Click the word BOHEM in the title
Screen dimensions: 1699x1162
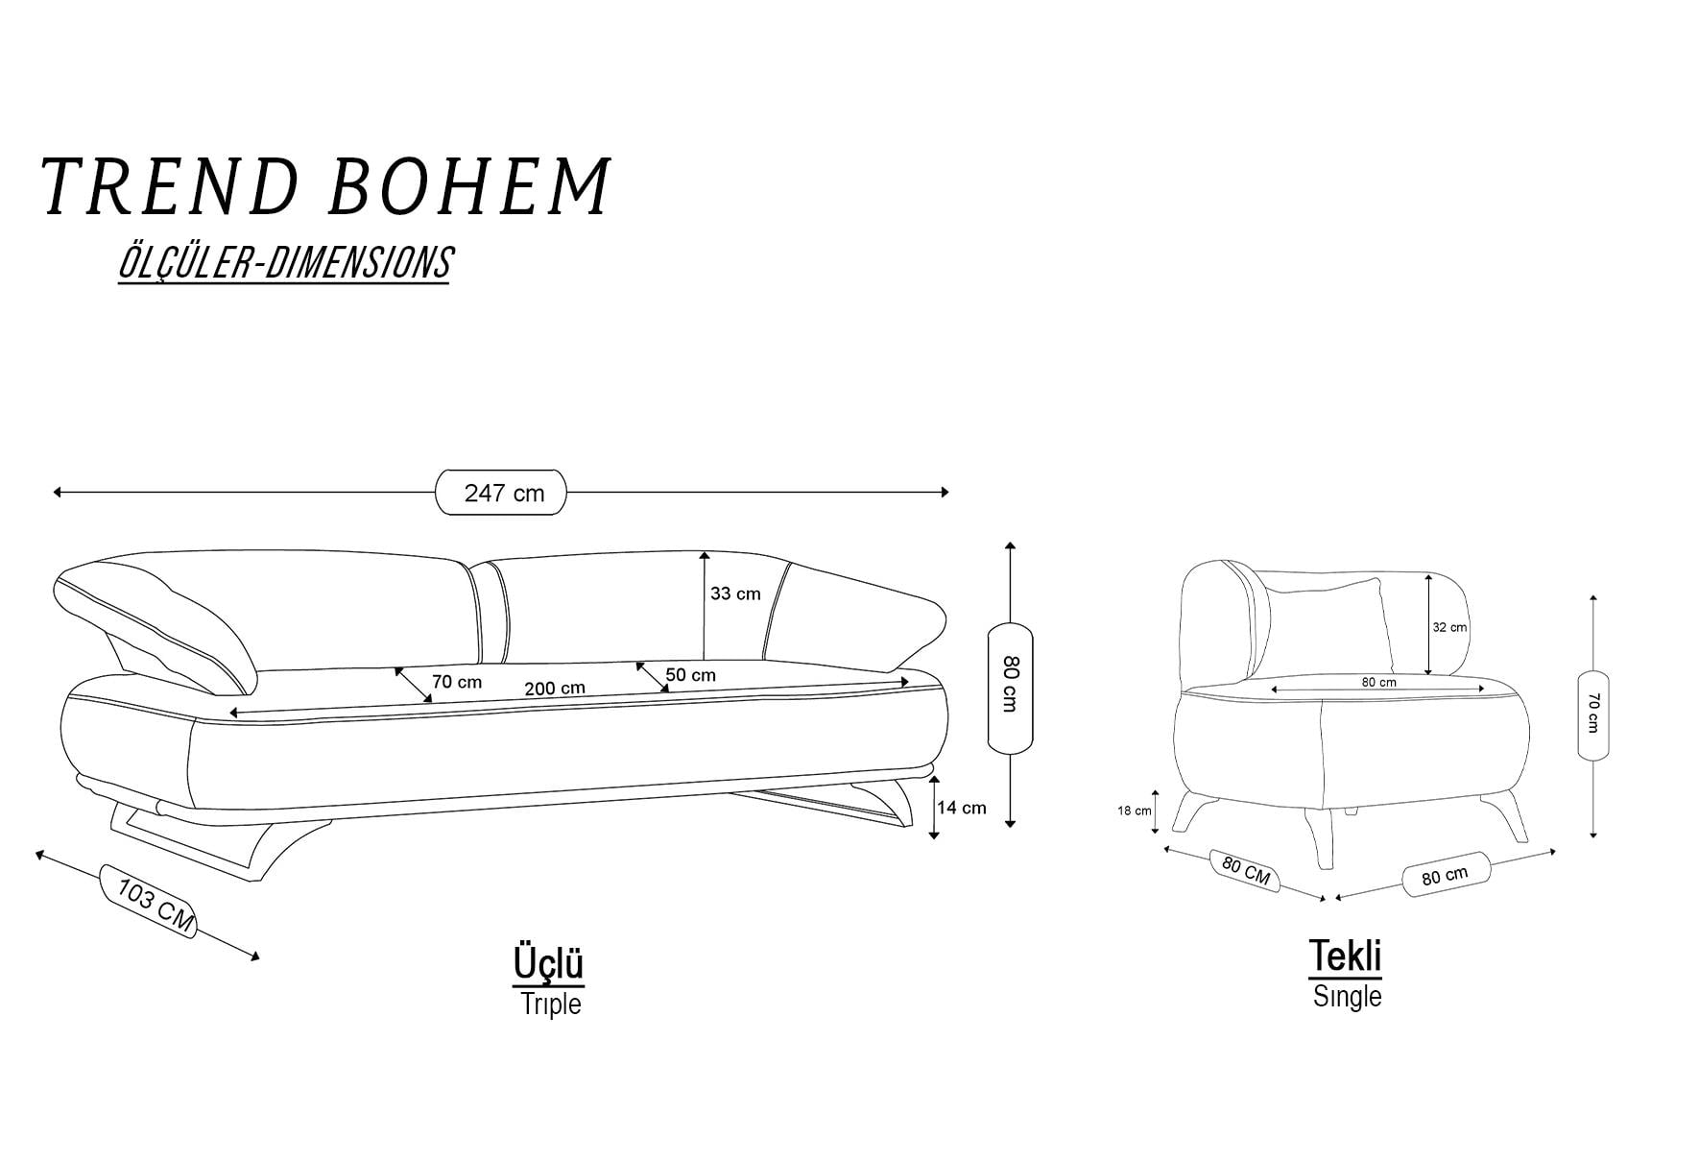[x=469, y=185]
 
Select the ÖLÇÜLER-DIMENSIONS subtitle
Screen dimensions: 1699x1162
[x=284, y=263]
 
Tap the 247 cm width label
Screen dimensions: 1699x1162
[x=504, y=494]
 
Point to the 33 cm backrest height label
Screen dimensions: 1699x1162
[x=735, y=593]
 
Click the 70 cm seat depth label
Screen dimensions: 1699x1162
[x=457, y=682]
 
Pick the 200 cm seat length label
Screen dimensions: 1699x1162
[x=555, y=689]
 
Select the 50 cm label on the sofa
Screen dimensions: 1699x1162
[x=691, y=675]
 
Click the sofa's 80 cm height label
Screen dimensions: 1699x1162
[x=1009, y=683]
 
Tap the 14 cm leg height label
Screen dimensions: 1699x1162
[x=962, y=808]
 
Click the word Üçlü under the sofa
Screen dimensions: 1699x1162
[x=548, y=963]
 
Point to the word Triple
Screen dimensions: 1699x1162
[x=551, y=1004]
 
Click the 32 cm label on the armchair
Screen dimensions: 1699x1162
[x=1449, y=627]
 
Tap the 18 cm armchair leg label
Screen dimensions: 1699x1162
[x=1135, y=811]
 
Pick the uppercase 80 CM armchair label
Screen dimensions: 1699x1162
[x=1246, y=871]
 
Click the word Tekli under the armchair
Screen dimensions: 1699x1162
[x=1346, y=956]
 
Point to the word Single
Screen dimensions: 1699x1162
[x=1347, y=996]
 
